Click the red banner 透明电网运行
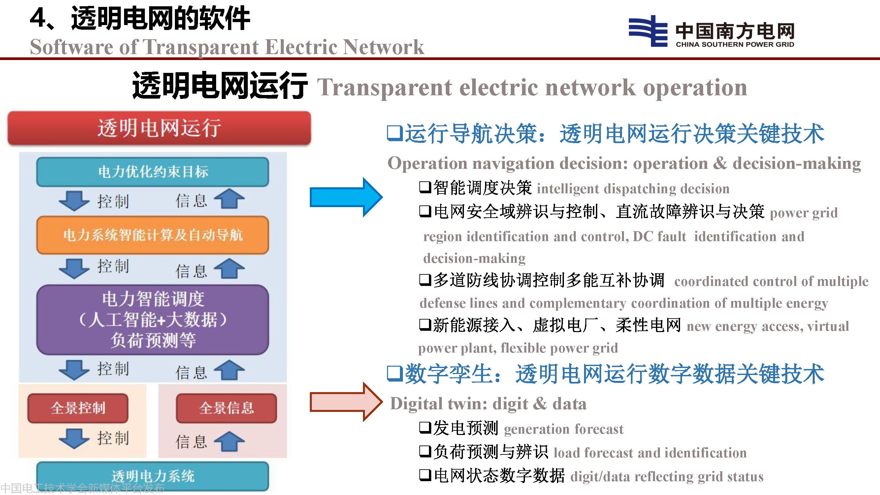click(159, 128)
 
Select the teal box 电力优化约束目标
click(153, 172)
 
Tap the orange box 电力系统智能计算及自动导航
click(153, 235)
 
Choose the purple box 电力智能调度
click(153, 320)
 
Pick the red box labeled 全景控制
click(78, 408)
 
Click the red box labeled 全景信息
click(226, 408)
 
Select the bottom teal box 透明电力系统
click(153, 476)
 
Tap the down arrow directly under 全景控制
click(74, 438)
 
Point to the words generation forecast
click(564, 429)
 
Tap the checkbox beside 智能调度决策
click(425, 187)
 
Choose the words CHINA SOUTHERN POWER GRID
click(735, 45)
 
